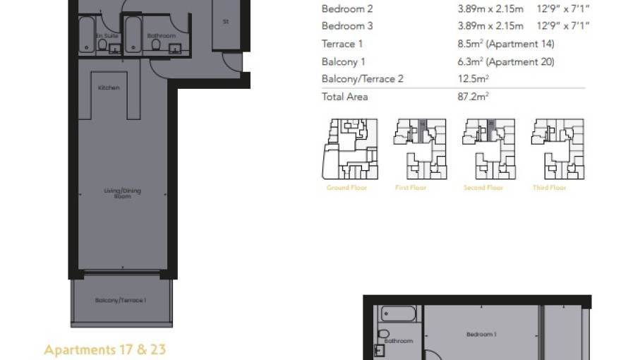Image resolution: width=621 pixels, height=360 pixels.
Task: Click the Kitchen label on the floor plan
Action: pyautogui.click(x=109, y=88)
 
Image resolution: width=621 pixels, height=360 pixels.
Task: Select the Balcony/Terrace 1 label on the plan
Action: pyautogui.click(x=120, y=301)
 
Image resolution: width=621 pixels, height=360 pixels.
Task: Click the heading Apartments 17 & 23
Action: pyautogui.click(x=104, y=349)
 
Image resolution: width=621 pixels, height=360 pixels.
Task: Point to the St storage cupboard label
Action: pyautogui.click(x=226, y=22)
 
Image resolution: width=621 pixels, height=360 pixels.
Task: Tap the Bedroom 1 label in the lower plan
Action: pyautogui.click(x=481, y=334)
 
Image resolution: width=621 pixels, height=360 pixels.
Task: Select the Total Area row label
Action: pyautogui.click(x=344, y=97)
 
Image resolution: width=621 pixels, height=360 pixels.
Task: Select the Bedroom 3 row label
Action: pyautogui.click(x=346, y=26)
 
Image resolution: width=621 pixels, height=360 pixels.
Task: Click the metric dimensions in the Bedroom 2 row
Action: pyautogui.click(x=490, y=9)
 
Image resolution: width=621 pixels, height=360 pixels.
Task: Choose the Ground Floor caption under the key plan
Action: pyautogui.click(x=347, y=188)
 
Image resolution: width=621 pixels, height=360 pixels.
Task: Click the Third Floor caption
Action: pyautogui.click(x=549, y=188)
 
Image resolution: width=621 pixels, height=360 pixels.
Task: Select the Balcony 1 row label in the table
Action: pyautogui.click(x=343, y=61)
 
